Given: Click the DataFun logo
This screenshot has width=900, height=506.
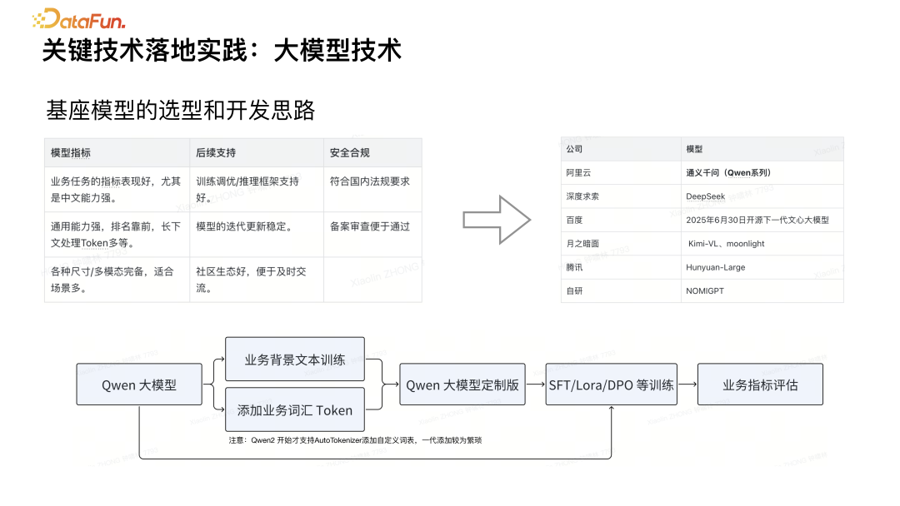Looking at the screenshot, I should click(78, 18).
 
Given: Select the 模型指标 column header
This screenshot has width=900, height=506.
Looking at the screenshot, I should click(71, 153).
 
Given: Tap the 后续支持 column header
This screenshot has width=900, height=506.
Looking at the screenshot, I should click(216, 153).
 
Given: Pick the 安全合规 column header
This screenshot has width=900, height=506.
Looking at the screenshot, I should click(349, 153).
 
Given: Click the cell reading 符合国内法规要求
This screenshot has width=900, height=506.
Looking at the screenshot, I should click(370, 181).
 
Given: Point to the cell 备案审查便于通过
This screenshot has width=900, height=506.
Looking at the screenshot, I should click(370, 226).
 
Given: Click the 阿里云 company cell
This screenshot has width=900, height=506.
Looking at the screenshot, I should click(578, 173).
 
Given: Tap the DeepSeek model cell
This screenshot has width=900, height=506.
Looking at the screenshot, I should click(705, 196).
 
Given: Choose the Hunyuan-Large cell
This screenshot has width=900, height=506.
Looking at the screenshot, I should click(715, 267).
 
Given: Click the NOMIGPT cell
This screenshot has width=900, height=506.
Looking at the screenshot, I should click(709, 291).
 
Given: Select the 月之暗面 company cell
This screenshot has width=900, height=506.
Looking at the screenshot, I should click(582, 244).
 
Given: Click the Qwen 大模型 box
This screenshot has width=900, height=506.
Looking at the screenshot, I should click(139, 385).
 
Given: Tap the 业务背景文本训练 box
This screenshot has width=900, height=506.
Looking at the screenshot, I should click(295, 360).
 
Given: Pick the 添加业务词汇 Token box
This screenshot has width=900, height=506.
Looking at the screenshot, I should click(295, 409).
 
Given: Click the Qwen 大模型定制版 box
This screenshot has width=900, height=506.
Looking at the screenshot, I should click(462, 385).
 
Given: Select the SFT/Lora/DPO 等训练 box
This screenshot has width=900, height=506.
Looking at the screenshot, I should click(611, 385).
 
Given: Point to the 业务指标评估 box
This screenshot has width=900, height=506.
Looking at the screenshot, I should click(760, 385).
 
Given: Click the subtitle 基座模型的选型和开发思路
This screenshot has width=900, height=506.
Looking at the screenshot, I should click(181, 110).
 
